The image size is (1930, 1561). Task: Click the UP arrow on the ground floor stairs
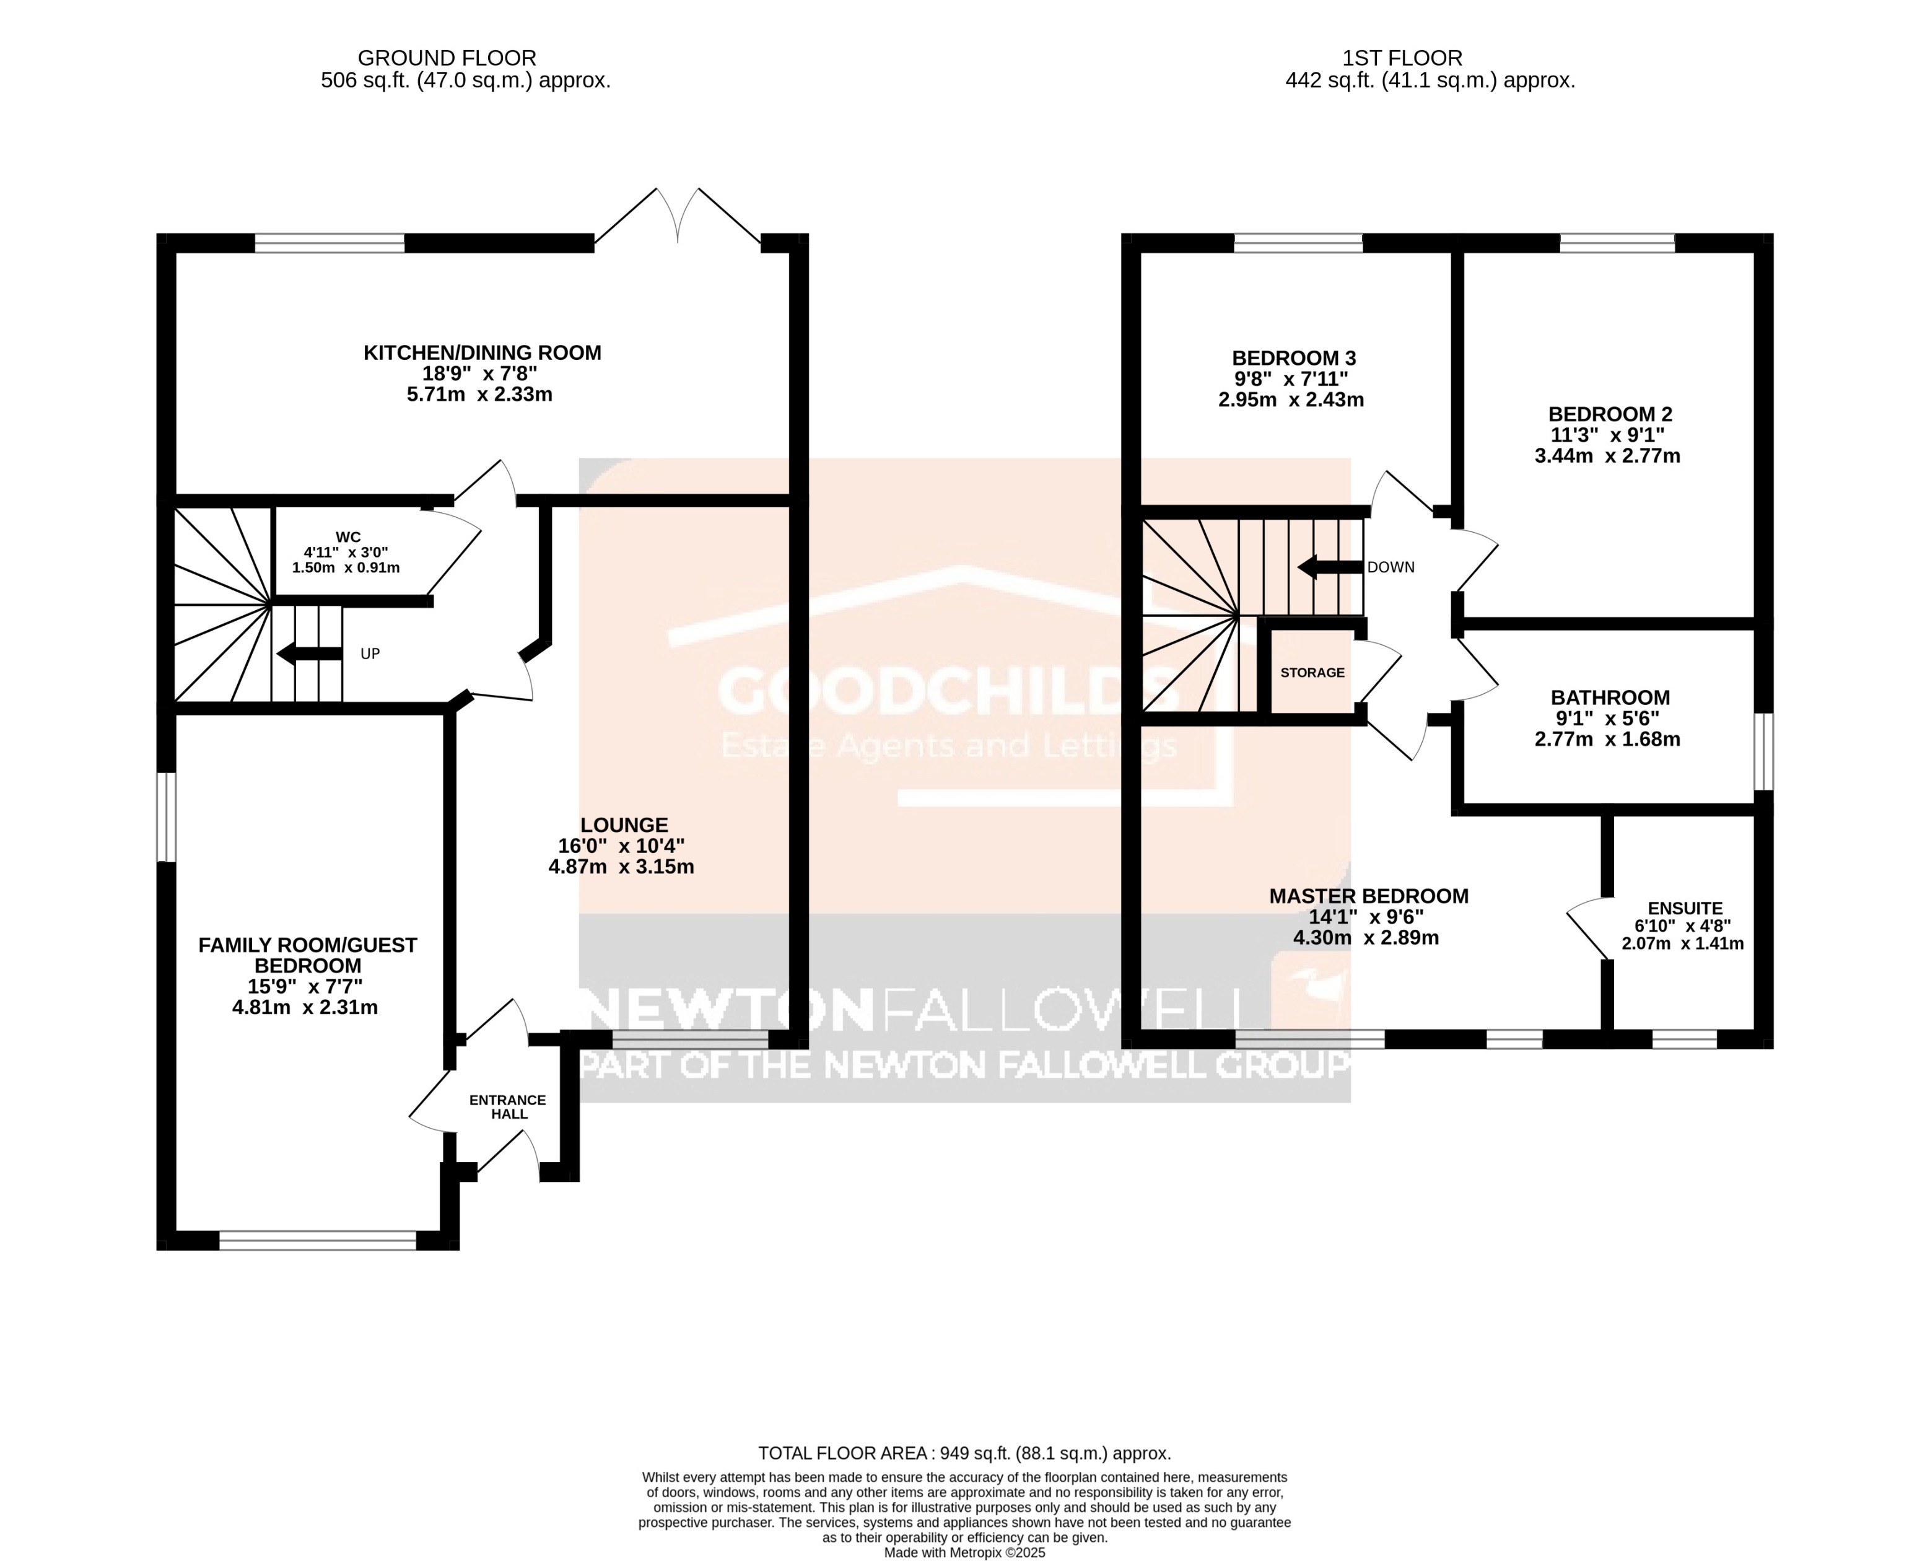tap(309, 654)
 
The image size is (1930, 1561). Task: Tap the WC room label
tap(348, 537)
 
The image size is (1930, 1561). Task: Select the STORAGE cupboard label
tap(1312, 673)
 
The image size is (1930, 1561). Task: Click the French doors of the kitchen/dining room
tap(678, 217)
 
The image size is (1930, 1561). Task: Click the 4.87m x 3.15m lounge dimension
tap(621, 867)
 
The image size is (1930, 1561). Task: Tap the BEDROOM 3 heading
tap(1293, 358)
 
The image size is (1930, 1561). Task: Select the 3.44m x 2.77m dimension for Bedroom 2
tap(1607, 456)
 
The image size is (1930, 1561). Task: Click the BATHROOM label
tap(1610, 697)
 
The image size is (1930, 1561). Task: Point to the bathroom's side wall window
tap(1764, 752)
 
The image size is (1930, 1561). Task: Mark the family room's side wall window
tap(166, 816)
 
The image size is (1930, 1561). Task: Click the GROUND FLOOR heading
tap(447, 58)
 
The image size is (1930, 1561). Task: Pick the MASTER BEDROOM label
tap(1368, 896)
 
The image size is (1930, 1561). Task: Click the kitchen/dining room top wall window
tap(329, 243)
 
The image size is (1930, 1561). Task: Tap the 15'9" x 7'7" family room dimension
tap(305, 986)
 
